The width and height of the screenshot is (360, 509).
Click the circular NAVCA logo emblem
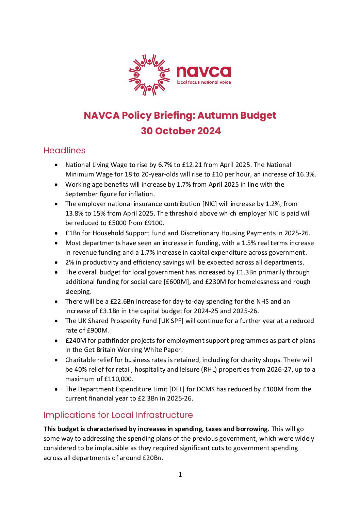(x=149, y=75)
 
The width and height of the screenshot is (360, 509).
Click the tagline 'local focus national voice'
(x=203, y=82)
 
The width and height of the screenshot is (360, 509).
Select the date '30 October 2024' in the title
(x=181, y=131)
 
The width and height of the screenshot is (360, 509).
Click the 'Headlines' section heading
(x=64, y=150)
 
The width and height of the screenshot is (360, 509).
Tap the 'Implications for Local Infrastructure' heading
(x=118, y=415)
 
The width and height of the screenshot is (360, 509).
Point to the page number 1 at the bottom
(x=180, y=474)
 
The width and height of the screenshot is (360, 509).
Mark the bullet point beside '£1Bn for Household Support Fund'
(x=56, y=233)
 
